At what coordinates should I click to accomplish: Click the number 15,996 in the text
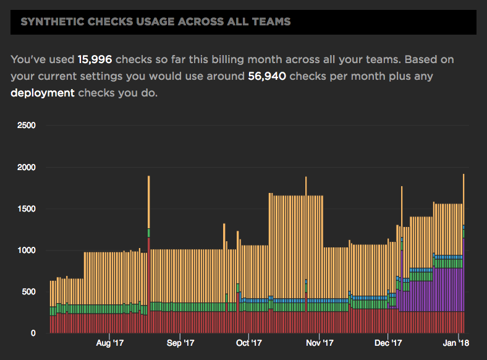point(95,60)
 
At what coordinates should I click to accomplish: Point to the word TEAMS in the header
point(275,22)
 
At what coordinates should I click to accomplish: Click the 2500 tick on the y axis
point(27,126)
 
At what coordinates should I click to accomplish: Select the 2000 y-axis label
point(27,167)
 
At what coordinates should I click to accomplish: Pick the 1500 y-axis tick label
point(27,209)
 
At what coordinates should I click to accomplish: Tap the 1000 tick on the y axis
point(27,251)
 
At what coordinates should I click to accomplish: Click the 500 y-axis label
point(30,292)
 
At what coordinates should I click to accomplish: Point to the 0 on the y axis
point(34,333)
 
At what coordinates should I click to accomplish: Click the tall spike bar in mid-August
point(149,247)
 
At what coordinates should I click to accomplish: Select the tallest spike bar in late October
point(306,247)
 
